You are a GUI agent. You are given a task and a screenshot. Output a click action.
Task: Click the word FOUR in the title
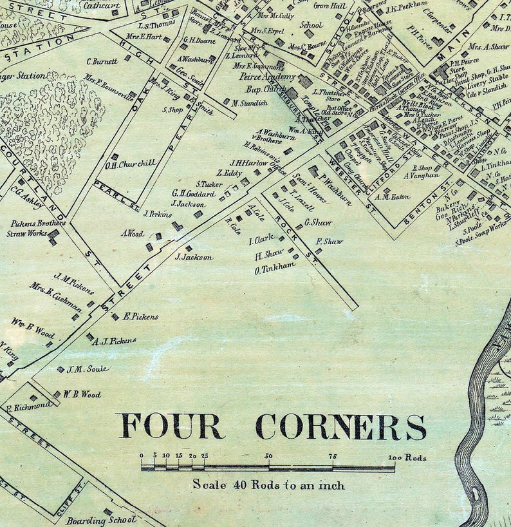click(171, 426)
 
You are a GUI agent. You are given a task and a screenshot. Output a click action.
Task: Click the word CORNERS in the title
click(340, 426)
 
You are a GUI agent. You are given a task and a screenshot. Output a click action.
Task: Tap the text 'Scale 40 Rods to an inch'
click(268, 484)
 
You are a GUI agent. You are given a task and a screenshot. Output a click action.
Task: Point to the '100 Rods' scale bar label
click(407, 458)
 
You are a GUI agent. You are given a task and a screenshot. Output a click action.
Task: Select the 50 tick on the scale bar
click(268, 457)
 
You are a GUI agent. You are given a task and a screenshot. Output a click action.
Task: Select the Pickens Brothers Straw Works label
click(38, 229)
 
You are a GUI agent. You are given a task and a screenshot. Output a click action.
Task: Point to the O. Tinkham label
click(275, 269)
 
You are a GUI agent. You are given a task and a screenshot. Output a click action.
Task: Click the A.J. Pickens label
click(114, 341)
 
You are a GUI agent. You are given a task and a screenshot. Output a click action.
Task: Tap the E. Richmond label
click(29, 407)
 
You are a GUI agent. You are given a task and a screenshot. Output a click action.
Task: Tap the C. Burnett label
click(102, 62)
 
